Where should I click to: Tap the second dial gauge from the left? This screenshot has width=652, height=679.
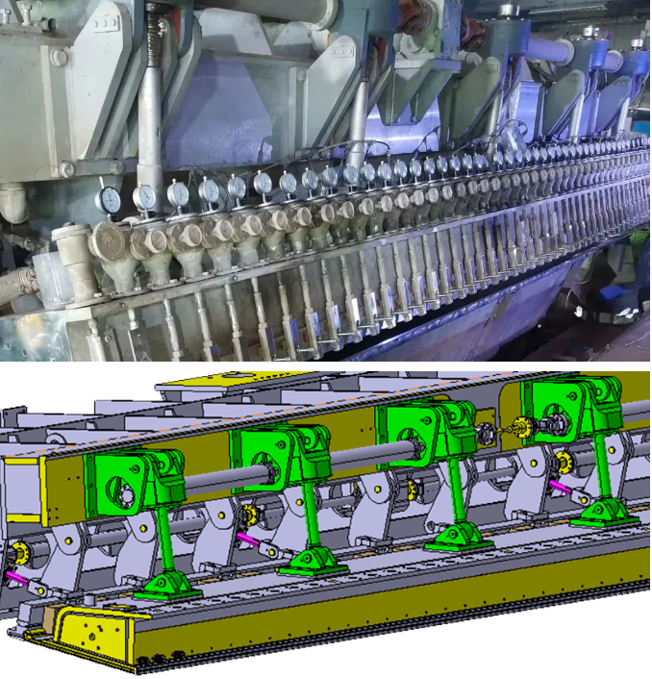click(x=145, y=196)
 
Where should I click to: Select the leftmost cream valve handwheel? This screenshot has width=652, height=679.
click(x=110, y=239)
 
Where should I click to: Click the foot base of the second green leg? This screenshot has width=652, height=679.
click(x=313, y=560)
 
